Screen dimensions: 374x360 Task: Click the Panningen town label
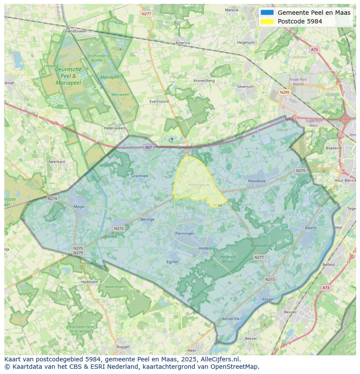pyautogui.click(x=185, y=233)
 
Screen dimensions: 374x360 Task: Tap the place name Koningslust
pyautogui.click(x=199, y=185)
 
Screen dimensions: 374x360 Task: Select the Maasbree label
pyautogui.click(x=257, y=181)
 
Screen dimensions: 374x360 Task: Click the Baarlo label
pyautogui.click(x=311, y=228)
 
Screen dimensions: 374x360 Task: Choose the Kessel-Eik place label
pyautogui.click(x=230, y=319)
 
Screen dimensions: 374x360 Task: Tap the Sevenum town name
pyautogui.click(x=245, y=87)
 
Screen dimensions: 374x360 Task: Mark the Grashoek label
pyautogui.click(x=140, y=176)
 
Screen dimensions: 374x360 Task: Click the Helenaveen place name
pyautogui.click(x=114, y=128)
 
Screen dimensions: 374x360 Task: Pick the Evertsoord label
pyautogui.click(x=159, y=101)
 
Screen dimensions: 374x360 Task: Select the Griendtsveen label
pyautogui.click(x=75, y=31)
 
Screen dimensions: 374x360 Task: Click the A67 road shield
pyautogui.click(x=149, y=147)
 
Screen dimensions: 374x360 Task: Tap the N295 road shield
pyautogui.click(x=285, y=92)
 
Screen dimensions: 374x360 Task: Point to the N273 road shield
pyautogui.click(x=270, y=279)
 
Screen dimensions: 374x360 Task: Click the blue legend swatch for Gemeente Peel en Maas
pyautogui.click(x=267, y=13)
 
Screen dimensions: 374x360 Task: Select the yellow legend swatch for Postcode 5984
pyautogui.click(x=267, y=21)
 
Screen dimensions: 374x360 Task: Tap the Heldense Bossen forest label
pyautogui.click(x=228, y=258)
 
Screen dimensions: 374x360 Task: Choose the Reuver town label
pyautogui.click(x=290, y=312)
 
